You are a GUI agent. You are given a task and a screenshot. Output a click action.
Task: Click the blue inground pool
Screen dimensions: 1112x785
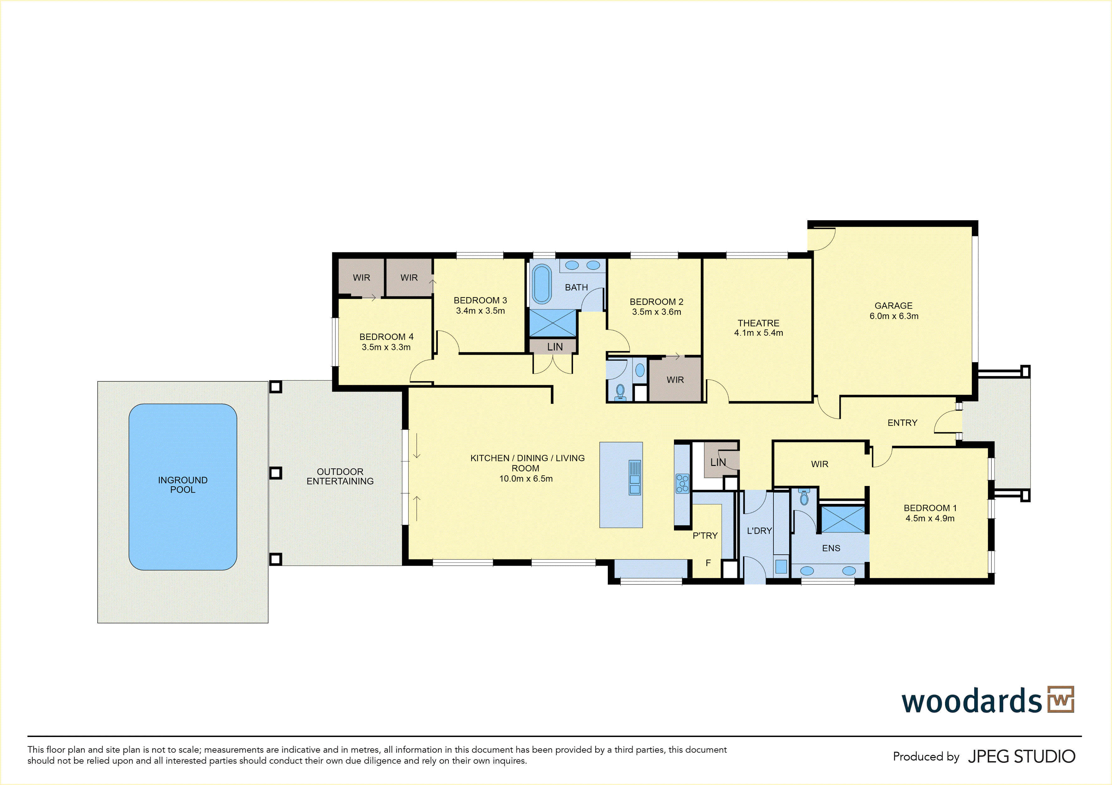click(x=183, y=487)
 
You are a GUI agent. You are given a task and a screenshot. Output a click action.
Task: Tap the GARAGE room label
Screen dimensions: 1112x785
click(x=894, y=306)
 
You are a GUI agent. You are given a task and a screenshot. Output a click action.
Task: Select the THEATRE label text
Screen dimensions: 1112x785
click(x=758, y=323)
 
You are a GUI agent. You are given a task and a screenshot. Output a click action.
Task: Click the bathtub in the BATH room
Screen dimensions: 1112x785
click(x=542, y=284)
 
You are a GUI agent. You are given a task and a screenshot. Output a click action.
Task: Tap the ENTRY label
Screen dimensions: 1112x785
click(x=902, y=423)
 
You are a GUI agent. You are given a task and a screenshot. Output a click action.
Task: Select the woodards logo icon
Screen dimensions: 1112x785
click(x=1061, y=699)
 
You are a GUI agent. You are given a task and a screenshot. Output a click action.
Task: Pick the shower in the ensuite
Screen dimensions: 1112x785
click(x=843, y=519)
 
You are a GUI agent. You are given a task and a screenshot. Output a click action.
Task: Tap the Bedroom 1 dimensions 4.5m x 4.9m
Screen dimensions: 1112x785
click(x=930, y=518)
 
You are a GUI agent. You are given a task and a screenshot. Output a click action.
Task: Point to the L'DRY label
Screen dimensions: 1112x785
click(x=759, y=531)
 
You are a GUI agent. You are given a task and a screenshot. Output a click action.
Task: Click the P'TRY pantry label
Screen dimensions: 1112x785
click(x=705, y=536)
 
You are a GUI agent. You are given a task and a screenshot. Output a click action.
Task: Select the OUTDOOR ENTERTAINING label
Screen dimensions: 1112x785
click(x=340, y=477)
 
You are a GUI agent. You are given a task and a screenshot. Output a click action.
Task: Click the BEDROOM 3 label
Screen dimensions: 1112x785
click(x=480, y=300)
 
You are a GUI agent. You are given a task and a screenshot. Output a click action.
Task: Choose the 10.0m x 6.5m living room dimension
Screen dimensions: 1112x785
click(x=526, y=478)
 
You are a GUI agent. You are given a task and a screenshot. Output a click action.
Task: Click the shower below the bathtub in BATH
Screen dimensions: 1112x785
click(x=553, y=323)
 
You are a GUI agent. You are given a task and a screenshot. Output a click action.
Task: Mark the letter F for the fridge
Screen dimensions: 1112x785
click(x=708, y=563)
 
